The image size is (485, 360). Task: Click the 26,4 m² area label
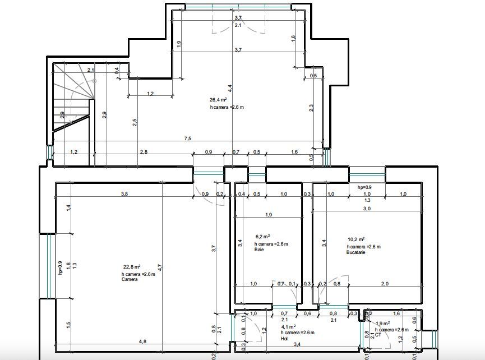tap(218, 100)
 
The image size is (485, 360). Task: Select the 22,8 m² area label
tap(132, 266)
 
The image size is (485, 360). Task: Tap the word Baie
tap(259, 250)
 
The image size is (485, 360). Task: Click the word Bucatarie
tap(355, 252)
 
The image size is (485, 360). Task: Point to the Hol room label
tap(284, 339)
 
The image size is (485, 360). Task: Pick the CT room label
tap(378, 335)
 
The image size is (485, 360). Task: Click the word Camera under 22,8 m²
tap(130, 279)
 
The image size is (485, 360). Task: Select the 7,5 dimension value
tap(188, 139)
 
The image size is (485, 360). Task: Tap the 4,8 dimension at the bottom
tap(142, 341)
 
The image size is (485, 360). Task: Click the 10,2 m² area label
tap(357, 239)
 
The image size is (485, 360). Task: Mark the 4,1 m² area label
tap(288, 326)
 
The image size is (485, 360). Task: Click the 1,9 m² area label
tap(383, 324)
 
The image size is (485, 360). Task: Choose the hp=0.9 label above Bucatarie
tap(364, 187)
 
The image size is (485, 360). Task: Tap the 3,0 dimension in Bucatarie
tap(367, 209)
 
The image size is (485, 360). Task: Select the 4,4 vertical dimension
tap(230, 89)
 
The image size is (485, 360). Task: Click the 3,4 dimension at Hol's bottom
tap(297, 344)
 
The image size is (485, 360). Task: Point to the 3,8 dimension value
tap(124, 194)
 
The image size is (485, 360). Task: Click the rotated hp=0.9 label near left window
tap(61, 268)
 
